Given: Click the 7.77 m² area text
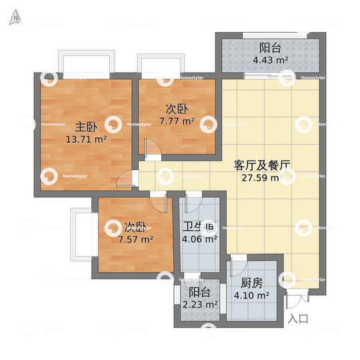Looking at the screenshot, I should (177, 121).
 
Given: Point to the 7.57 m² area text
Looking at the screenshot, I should (135, 239).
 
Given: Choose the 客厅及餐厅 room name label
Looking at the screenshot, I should (265, 165).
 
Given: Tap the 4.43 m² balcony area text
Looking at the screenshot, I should (270, 60).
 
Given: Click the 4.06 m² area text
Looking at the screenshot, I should (199, 239).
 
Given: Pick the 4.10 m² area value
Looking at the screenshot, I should (251, 295).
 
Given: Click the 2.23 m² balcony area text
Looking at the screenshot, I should (200, 305).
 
